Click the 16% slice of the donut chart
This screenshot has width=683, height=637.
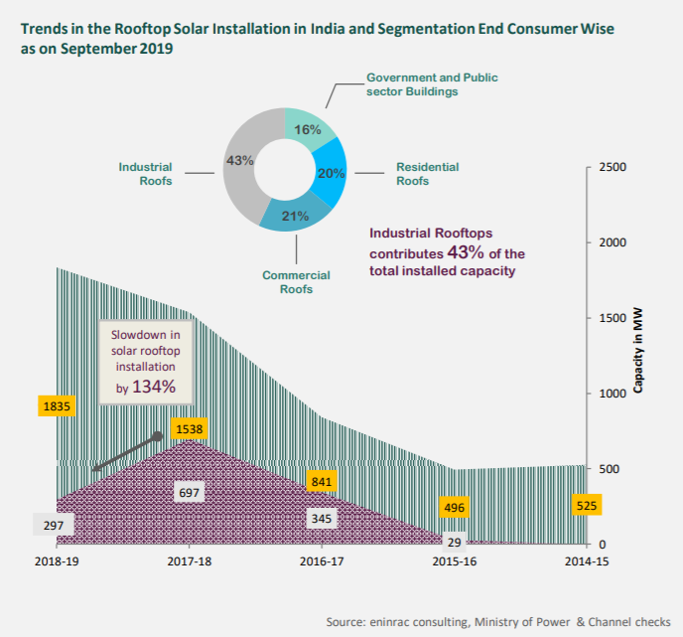point(308,130)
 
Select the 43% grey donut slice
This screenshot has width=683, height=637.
point(240,161)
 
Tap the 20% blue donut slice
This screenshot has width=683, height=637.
point(328,171)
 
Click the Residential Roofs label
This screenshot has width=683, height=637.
point(427,174)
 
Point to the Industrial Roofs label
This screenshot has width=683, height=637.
point(145,174)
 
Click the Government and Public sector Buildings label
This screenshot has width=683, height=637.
point(432,83)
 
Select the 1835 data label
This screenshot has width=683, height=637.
point(57,405)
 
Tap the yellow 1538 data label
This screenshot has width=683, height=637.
point(190,428)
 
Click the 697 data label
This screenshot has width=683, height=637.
point(190,493)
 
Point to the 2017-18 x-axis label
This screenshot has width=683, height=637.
point(190,562)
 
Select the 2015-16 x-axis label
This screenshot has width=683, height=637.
point(455,562)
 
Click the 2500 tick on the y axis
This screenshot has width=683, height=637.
point(613,167)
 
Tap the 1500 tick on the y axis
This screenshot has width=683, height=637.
point(613,318)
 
